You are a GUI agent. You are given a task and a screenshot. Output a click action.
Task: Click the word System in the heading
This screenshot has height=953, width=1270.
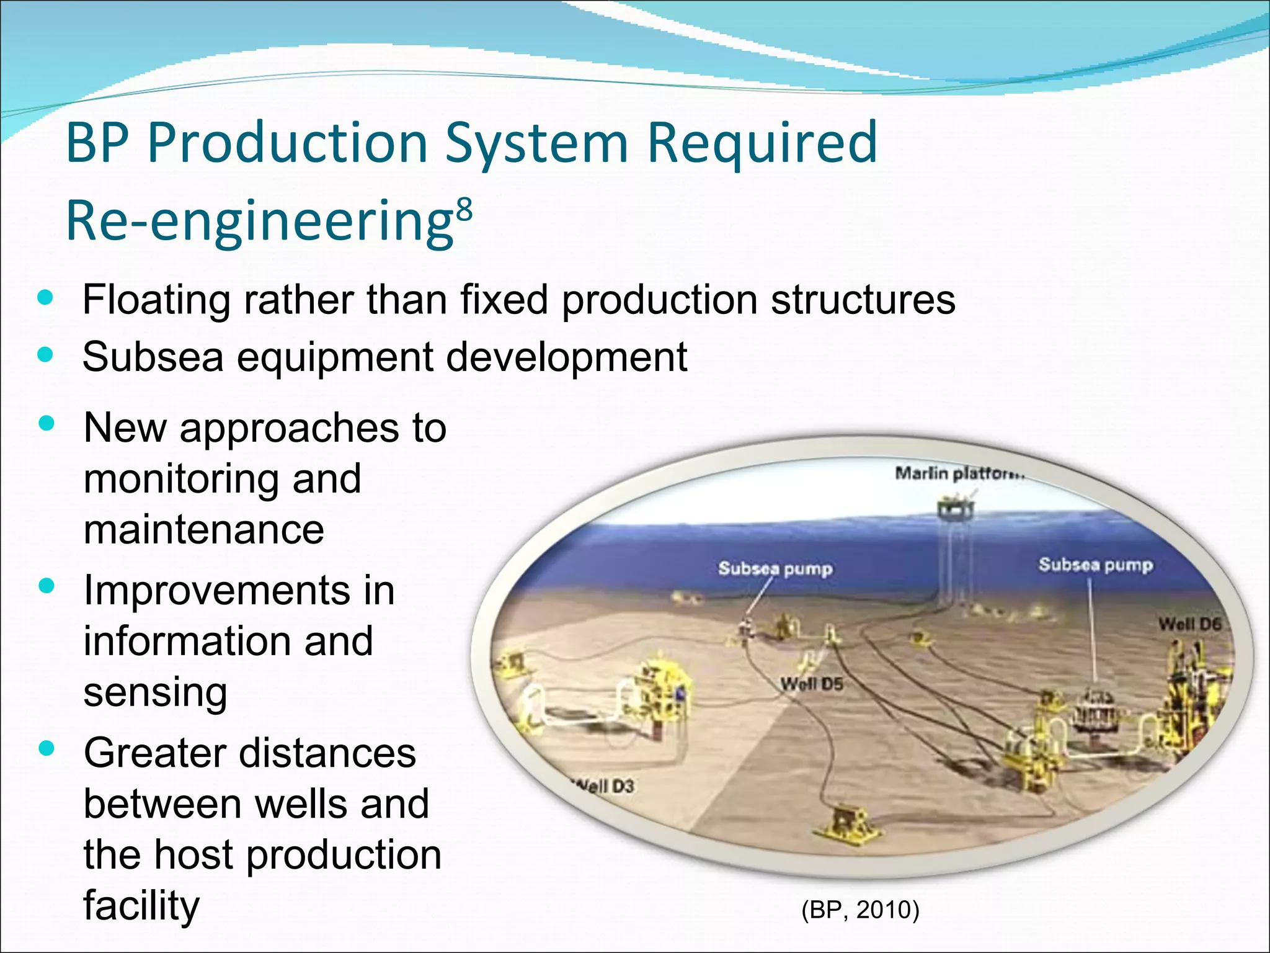(537, 143)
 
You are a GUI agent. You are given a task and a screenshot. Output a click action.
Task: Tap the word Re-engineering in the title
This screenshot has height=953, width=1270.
(260, 222)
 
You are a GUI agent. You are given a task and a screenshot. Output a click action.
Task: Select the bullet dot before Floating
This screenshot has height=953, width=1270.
(45, 297)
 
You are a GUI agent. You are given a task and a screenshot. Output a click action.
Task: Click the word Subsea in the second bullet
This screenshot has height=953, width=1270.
(153, 357)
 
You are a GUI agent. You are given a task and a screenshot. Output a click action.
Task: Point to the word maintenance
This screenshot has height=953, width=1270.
(203, 530)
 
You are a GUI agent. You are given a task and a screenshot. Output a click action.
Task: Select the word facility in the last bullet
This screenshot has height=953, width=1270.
(141, 905)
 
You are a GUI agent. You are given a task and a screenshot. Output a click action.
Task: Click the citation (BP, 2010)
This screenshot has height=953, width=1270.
(860, 910)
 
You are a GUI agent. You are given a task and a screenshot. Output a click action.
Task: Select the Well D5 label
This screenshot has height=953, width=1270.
(812, 684)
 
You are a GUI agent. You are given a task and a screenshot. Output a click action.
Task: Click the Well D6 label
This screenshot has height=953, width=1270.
(1189, 624)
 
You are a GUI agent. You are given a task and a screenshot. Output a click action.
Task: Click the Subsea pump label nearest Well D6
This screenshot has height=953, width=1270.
(1096, 565)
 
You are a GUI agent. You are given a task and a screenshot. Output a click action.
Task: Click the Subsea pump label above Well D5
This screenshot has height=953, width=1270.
(775, 568)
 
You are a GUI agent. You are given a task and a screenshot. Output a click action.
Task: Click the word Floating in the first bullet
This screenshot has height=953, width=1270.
(156, 300)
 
